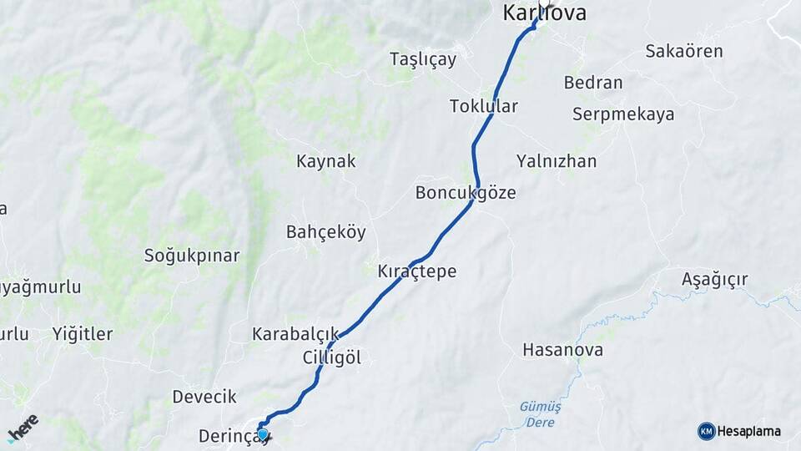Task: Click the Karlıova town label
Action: point(545,13)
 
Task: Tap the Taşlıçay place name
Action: point(423,58)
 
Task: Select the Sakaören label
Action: point(684,51)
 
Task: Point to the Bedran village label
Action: point(593,83)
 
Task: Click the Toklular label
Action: point(484,106)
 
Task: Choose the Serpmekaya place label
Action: point(623,114)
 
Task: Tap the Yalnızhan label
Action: point(557,161)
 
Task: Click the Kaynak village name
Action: point(326,161)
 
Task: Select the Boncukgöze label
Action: point(466,193)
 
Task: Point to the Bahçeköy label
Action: point(326,232)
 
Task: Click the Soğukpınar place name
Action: point(192,256)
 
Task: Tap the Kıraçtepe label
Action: point(417,272)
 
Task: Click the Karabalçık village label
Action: point(296,334)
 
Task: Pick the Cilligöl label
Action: point(332,357)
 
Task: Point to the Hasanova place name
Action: point(562,350)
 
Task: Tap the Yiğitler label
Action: point(83,334)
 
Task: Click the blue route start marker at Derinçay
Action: point(263,433)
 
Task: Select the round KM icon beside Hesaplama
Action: point(707,431)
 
